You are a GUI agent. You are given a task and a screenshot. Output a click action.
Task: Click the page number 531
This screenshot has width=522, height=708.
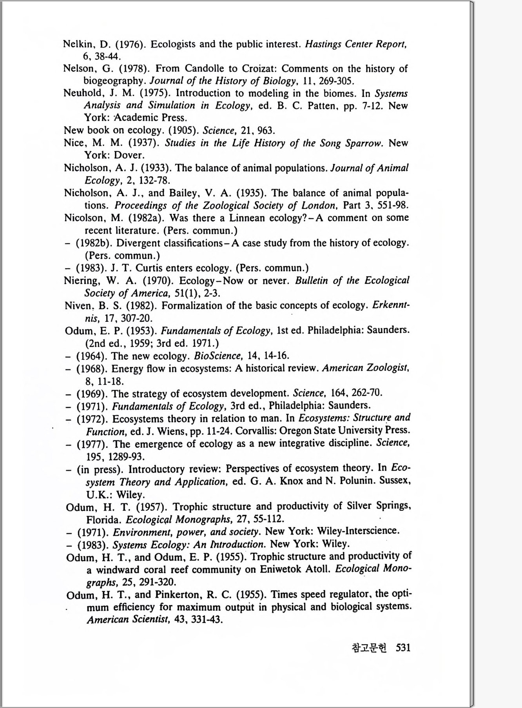click(403, 647)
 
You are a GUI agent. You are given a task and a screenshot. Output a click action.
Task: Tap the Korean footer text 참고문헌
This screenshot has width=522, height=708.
click(369, 648)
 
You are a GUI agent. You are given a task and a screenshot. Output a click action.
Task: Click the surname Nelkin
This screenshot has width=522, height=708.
click(76, 44)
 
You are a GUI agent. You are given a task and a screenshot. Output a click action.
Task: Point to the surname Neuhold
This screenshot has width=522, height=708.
click(80, 94)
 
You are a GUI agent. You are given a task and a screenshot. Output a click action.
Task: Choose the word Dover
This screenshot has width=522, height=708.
click(129, 155)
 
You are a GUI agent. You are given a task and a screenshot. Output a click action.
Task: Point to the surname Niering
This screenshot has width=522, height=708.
click(81, 281)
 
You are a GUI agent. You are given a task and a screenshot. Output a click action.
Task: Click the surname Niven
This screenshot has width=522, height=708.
click(78, 306)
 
